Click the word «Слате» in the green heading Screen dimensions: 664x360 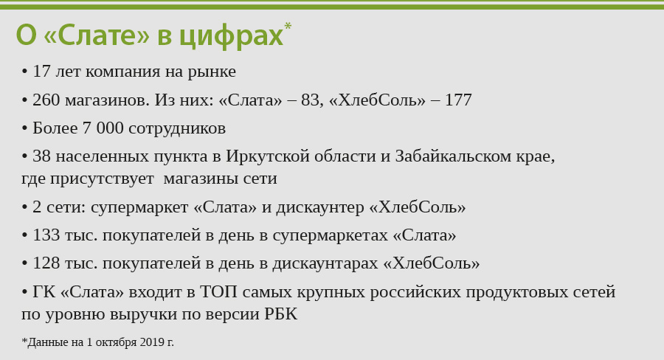point(97,35)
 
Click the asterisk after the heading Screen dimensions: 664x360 point(288,26)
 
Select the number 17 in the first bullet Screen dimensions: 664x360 point(41,72)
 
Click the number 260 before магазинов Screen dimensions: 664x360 point(46,100)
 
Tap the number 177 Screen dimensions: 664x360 point(458,100)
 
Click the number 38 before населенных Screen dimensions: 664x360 point(41,156)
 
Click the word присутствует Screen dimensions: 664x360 point(102,179)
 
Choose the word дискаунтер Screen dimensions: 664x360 point(321,208)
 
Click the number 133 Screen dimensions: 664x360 point(46,235)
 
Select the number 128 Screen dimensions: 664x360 point(46,263)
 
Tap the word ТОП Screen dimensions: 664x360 point(218,292)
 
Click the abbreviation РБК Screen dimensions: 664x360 point(281,314)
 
